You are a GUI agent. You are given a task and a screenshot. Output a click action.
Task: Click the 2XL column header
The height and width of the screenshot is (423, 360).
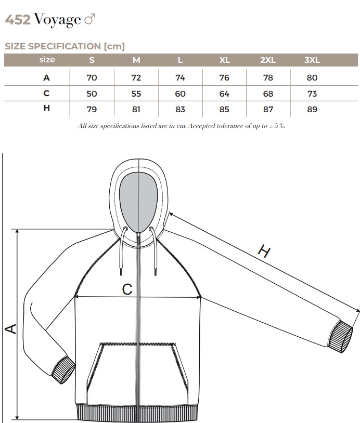click(x=268, y=60)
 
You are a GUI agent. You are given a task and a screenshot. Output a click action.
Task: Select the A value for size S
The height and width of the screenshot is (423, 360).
click(x=92, y=78)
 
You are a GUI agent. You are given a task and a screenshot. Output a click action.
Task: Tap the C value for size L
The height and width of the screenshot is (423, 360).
click(x=180, y=94)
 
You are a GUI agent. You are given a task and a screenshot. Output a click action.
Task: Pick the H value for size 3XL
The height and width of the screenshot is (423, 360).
click(x=312, y=109)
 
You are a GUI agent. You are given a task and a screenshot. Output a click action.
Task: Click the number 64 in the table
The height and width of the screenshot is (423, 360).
click(x=224, y=94)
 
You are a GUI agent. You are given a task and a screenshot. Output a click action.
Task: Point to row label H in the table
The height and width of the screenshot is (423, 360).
click(x=46, y=108)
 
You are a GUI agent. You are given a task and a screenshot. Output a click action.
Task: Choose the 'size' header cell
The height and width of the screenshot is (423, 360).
click(x=47, y=60)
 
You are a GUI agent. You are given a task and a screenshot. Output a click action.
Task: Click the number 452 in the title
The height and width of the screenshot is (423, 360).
click(x=18, y=20)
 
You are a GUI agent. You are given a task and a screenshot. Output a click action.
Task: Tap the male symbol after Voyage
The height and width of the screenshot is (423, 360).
click(x=90, y=20)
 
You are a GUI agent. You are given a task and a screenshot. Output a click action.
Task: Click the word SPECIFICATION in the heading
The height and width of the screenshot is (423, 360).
click(x=65, y=46)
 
